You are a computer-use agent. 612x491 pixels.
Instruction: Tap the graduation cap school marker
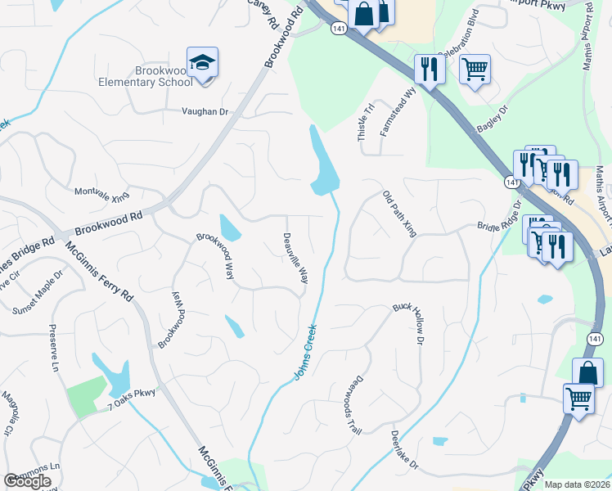(x=202, y=62)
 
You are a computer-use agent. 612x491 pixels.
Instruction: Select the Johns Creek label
(x=304, y=354)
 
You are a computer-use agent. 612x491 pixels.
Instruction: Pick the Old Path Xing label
(x=400, y=214)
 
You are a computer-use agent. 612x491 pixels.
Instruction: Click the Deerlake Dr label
(x=404, y=450)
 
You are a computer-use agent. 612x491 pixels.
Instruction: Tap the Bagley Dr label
(x=492, y=120)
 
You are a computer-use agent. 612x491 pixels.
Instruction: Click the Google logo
(x=27, y=481)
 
